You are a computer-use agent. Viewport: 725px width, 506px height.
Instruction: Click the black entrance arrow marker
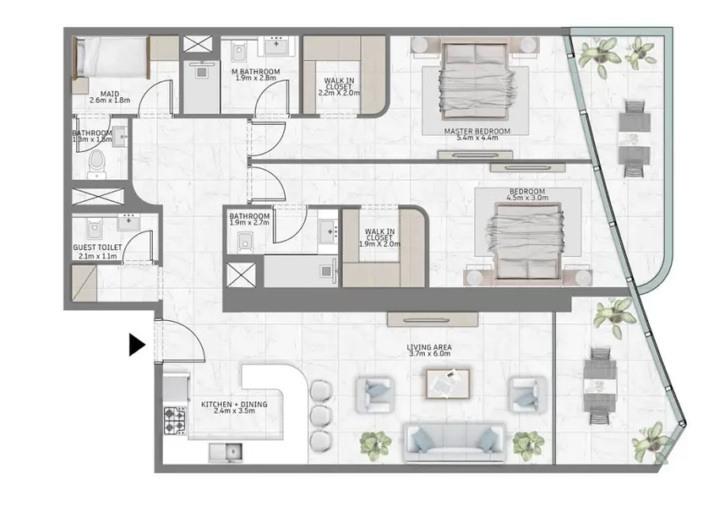point(137,345)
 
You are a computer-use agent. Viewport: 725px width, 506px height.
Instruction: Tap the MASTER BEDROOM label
point(477,131)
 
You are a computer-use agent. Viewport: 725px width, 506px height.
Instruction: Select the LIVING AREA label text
point(429,347)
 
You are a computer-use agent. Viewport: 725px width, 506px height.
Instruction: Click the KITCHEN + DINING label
point(234,405)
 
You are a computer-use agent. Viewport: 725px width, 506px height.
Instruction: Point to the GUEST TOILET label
point(97,248)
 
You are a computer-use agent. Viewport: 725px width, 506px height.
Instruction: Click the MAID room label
point(110,94)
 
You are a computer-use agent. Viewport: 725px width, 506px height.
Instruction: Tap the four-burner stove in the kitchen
point(175,421)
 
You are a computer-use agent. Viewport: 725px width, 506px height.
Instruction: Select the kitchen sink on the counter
point(225,452)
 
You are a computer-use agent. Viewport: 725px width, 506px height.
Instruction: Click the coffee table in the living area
point(448,384)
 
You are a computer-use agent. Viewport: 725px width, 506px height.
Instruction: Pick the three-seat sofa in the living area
point(454,443)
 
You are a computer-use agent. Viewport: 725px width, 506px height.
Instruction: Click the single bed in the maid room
point(111,57)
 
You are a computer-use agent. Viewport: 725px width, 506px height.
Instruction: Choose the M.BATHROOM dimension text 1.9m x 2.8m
point(256,78)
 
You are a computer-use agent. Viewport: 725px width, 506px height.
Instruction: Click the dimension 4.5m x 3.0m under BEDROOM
point(527,198)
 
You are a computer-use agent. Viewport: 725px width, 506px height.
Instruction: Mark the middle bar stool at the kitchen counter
point(320,415)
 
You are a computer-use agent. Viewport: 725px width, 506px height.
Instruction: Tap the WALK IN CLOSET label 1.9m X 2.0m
point(379,238)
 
